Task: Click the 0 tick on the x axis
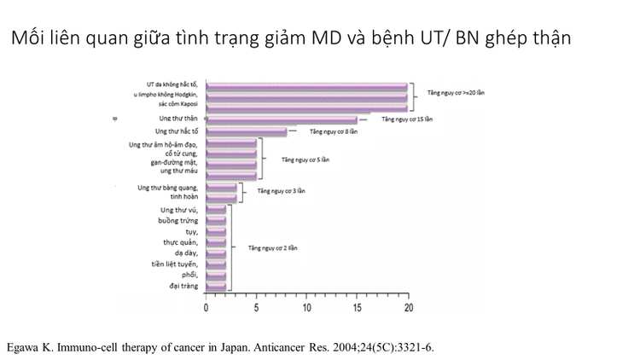pos(206,307)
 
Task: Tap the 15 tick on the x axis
pos(358,307)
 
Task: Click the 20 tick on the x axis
pos(409,307)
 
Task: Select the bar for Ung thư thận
pos(282,120)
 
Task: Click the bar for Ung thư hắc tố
pos(247,132)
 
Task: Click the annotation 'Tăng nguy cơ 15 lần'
pos(409,120)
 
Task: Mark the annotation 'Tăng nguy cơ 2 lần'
pos(272,247)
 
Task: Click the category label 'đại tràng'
pos(183,286)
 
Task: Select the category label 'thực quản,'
pos(180,242)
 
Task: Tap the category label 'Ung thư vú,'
pos(179,209)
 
